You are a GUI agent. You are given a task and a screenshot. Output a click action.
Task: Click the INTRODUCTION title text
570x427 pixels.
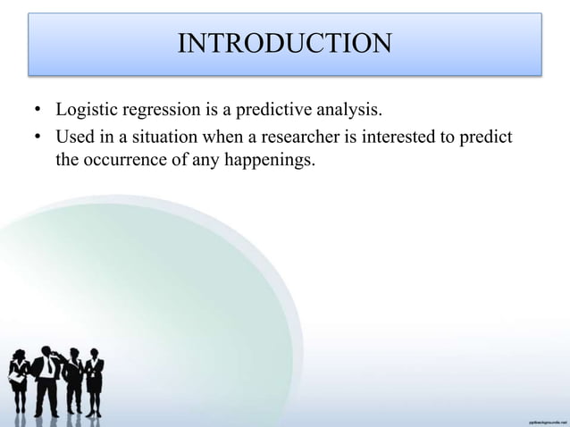coord(284,43)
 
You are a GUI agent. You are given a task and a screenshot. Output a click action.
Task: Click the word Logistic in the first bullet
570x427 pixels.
coord(84,112)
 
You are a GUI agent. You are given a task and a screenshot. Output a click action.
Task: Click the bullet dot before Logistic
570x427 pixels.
coord(38,113)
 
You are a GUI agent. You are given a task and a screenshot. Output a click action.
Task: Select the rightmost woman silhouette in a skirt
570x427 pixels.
coord(94,380)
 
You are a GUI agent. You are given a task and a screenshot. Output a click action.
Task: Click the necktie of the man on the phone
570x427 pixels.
coord(46,367)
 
